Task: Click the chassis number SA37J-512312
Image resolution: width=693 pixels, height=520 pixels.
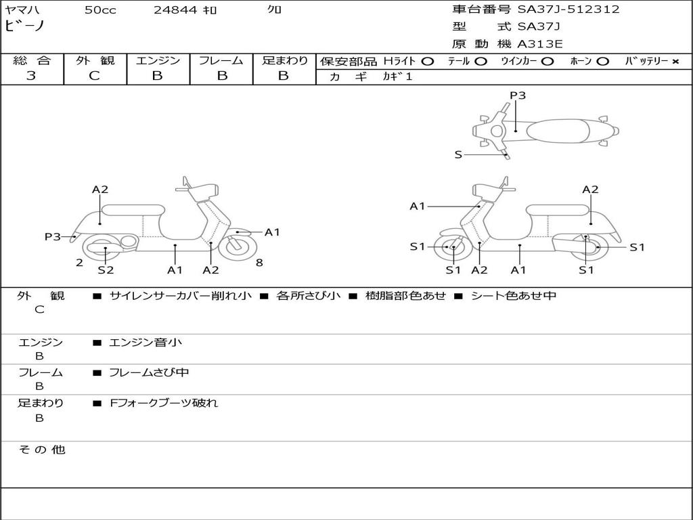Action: coord(568,9)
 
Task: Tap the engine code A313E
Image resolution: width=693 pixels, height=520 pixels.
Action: coord(540,45)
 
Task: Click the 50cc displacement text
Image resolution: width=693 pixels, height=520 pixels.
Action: coord(100,10)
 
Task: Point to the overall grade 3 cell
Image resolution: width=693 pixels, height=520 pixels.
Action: coord(31,76)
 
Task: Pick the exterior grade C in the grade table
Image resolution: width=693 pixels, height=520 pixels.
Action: coord(95,76)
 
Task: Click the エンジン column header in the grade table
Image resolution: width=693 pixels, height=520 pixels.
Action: coord(158,60)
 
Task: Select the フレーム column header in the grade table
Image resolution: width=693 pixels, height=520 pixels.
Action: coord(221,60)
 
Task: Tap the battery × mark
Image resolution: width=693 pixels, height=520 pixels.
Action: coord(675,62)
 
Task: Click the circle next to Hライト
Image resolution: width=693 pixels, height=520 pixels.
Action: coord(427,62)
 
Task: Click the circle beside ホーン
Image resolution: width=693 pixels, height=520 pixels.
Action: coord(603,62)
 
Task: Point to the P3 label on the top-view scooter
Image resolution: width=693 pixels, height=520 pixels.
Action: coord(518,95)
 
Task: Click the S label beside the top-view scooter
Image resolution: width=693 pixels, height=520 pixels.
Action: coord(458,155)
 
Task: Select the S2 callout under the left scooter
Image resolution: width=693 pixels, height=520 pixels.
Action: coord(106,270)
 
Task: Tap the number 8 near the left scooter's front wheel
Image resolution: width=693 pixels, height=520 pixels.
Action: coord(259,263)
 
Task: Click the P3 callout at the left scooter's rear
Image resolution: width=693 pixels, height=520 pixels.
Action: coord(53,237)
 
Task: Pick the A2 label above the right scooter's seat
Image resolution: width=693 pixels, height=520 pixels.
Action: coord(590,190)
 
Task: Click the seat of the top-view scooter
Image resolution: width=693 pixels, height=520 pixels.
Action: coord(554,130)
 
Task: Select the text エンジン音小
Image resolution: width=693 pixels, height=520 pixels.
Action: coord(146,343)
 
